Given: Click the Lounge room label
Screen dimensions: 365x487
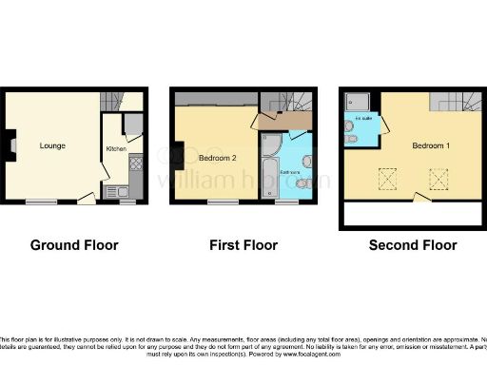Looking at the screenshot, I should pyautogui.click(x=51, y=146).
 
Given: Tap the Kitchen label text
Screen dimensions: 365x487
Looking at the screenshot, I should pyautogui.click(x=116, y=149).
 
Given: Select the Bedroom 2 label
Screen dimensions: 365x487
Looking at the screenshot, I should pyautogui.click(x=217, y=157).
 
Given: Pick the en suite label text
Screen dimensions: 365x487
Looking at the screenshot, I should pyautogui.click(x=363, y=120).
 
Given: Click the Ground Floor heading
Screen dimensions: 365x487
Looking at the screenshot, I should pyautogui.click(x=74, y=245).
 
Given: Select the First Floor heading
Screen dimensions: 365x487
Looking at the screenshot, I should pyautogui.click(x=243, y=245).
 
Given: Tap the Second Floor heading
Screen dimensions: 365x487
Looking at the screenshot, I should pyautogui.click(x=413, y=245).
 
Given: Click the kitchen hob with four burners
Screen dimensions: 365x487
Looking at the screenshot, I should pyautogui.click(x=136, y=163).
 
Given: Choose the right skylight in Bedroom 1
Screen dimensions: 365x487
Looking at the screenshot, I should pyautogui.click(x=439, y=179).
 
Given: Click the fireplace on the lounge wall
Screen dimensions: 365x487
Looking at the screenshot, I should pyautogui.click(x=12, y=146).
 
